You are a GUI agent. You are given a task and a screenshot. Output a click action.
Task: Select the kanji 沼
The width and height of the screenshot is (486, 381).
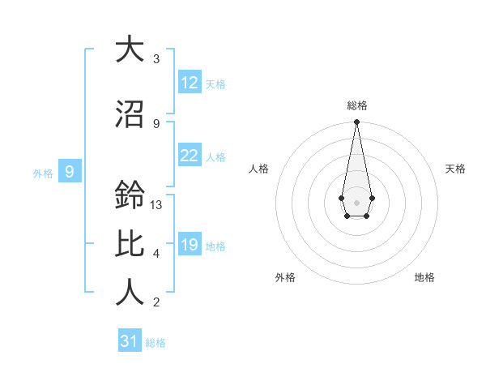130,113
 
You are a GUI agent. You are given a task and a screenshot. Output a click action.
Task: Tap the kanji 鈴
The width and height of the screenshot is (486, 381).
130,195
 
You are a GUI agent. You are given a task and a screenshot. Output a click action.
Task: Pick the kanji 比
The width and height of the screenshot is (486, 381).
130,244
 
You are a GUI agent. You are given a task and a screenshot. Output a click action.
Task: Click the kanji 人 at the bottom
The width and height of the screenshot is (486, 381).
130,293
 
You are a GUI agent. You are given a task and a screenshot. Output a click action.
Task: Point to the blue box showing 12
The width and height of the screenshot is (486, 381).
190,83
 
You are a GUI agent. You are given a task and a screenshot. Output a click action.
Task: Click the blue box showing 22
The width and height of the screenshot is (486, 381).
190,156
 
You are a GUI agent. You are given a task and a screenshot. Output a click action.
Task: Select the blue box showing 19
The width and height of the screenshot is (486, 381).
190,245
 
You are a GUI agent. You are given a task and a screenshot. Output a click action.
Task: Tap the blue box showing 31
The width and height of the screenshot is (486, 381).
130,341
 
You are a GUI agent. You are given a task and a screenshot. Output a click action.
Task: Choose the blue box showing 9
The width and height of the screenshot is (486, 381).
70,171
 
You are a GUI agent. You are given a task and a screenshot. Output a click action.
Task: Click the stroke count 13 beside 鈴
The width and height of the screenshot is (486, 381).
156,205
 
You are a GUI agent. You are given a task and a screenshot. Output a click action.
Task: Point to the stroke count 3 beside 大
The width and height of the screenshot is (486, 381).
156,59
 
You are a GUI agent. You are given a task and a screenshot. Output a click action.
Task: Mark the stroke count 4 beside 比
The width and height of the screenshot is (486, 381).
156,254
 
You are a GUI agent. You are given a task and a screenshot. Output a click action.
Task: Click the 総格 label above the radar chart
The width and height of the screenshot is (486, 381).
357,105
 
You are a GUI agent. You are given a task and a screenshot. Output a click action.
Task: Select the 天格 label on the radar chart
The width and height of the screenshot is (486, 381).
456,169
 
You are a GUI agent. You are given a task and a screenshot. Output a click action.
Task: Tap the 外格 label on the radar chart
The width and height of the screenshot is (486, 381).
284,277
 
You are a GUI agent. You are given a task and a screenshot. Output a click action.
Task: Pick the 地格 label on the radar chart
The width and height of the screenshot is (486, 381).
424,277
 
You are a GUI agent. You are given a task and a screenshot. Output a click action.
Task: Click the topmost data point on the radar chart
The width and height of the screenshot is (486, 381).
356,122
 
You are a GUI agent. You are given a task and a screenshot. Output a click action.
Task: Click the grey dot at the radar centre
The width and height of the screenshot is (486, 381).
356,201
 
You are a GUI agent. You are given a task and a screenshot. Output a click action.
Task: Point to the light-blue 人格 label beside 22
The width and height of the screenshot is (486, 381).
215,156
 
